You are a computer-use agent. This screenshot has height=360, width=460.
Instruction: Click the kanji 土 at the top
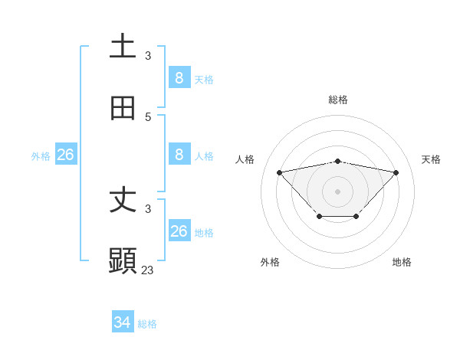123,46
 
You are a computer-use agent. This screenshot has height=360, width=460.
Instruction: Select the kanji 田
123,108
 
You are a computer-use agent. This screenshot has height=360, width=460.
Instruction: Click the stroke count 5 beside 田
148,117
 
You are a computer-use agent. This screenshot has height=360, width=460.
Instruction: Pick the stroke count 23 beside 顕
148,270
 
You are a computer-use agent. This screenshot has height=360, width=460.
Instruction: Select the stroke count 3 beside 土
148,55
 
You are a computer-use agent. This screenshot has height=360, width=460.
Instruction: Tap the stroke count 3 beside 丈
148,209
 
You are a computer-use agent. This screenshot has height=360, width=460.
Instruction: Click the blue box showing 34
123,322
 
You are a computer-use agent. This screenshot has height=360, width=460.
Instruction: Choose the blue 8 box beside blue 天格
179,77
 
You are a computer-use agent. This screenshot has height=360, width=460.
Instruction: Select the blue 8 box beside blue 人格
179,155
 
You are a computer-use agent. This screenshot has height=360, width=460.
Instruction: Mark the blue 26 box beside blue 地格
179,231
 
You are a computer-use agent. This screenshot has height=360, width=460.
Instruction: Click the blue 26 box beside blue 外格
65,155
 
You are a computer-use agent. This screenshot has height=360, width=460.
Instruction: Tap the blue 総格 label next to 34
147,324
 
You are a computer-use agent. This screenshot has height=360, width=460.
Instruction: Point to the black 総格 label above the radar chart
338,100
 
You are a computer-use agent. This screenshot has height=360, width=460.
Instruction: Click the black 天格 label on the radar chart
432,159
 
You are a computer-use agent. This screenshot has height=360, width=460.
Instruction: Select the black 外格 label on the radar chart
270,262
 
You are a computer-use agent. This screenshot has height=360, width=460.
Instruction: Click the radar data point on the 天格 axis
396,172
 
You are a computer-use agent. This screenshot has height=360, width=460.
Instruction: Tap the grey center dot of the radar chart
338,191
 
